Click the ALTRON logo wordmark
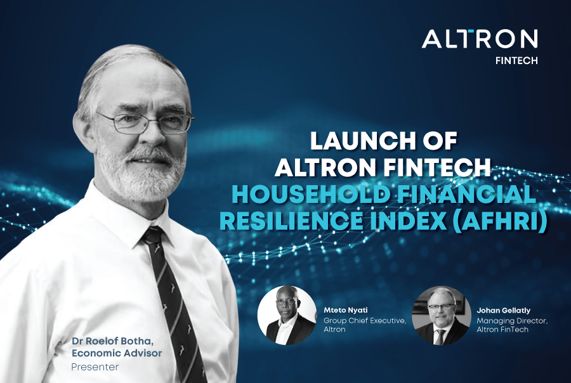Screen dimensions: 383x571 coord(480,39)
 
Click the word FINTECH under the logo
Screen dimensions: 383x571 coord(516,62)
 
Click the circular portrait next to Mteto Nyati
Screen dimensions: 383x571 coord(287,315)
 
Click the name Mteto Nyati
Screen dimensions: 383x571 coord(346,311)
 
